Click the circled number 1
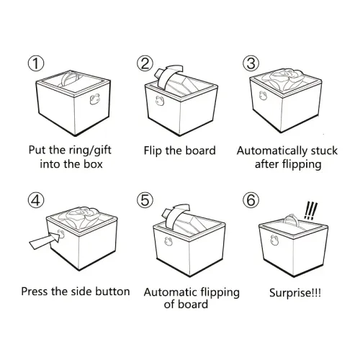coord(36,63)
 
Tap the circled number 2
coord(145,63)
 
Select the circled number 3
coord(251,63)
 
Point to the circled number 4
coord(36,200)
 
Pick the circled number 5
coord(145,200)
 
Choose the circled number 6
coord(251,200)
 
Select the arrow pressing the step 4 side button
coord(45,240)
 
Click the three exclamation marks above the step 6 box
coord(311,211)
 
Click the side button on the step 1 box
coord(95,99)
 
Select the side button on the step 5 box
coord(168,241)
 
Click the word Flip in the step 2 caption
coord(153,151)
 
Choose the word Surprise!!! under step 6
coord(295,293)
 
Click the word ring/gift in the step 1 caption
coord(90,150)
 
